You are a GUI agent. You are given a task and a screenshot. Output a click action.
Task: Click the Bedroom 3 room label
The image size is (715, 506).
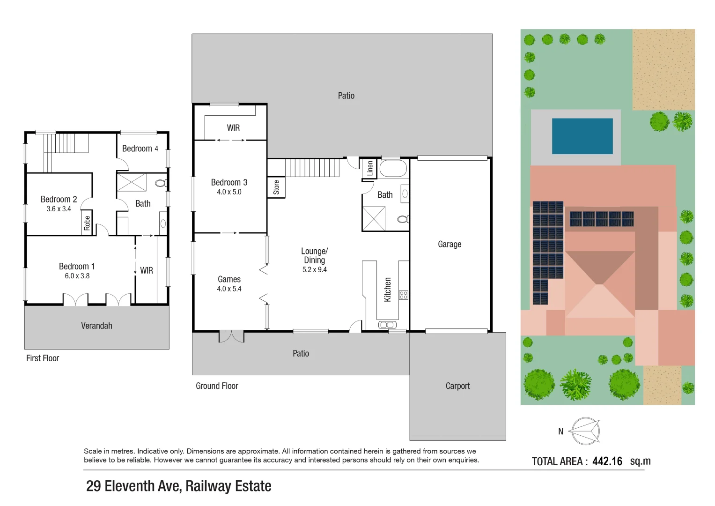coord(229,182)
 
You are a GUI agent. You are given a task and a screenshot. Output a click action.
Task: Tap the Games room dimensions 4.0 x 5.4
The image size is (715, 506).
coord(229,289)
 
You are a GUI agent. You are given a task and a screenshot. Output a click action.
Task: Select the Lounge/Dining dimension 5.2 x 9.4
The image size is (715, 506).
coord(314,270)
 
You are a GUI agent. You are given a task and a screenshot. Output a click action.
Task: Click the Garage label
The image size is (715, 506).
coord(450,244)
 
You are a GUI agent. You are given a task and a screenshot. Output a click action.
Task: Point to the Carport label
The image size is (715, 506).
coord(457,386)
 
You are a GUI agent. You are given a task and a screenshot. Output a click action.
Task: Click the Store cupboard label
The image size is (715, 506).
coord(276,187)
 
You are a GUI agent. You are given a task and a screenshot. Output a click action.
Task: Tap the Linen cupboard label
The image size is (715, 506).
coord(370,168)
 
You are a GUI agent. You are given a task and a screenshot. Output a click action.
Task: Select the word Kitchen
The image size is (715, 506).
coord(388,290)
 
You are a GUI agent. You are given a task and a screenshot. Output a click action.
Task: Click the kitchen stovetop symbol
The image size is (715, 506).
coord(404,295)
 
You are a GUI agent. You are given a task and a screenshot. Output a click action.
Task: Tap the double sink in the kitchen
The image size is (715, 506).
coord(387,325)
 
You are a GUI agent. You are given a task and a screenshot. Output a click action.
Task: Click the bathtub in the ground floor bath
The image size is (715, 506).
coord(393,169)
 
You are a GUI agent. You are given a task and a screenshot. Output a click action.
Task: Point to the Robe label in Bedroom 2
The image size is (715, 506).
coord(87,223)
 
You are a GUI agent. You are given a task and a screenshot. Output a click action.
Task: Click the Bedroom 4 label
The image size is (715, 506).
coord(140,149)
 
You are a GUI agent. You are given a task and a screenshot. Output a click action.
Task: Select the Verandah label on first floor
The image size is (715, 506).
coord(96,326)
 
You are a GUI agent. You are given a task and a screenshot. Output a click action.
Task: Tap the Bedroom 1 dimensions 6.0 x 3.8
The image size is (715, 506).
coord(77,276)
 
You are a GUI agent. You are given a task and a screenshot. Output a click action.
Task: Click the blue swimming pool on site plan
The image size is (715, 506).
coord(582,136)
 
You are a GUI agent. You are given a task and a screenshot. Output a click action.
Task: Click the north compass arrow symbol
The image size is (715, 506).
coord(586,431)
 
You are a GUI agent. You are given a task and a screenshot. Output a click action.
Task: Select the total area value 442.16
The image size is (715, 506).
coord(607,461)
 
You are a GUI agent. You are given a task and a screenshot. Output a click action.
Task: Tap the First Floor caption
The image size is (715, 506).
coord(43,358)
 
